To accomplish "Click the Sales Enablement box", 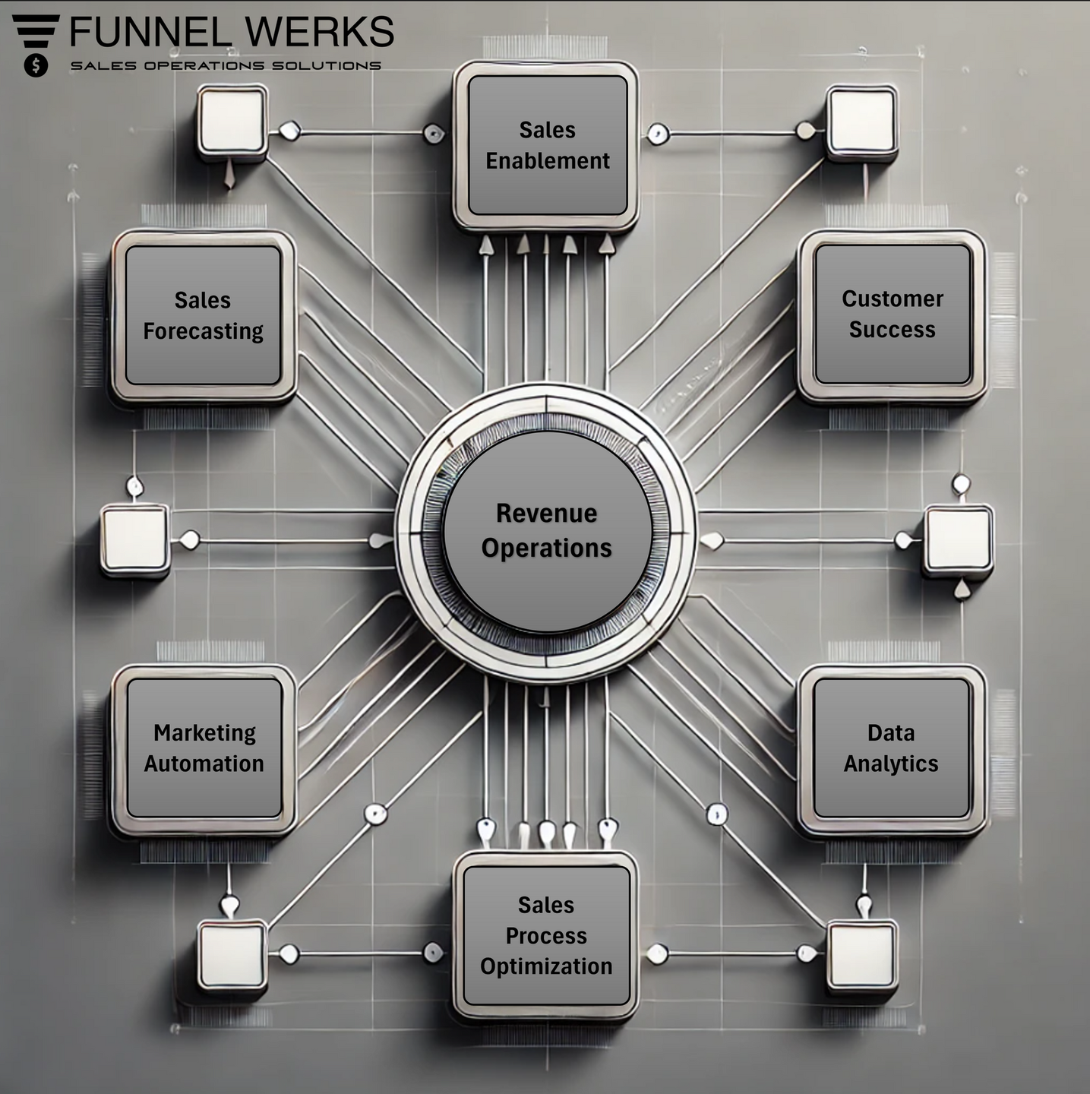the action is click(546, 146).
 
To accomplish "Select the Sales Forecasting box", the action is click(204, 316).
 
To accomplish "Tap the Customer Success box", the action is click(892, 315).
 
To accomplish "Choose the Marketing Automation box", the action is click(204, 749).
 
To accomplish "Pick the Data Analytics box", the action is click(891, 749).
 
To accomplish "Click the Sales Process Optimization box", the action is click(546, 935).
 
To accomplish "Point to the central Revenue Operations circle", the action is click(546, 531).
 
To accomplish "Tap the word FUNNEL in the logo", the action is click(150, 32).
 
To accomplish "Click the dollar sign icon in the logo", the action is click(36, 66).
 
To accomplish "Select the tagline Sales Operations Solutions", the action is click(226, 66).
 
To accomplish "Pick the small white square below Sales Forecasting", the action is click(135, 539).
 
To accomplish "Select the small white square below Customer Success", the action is click(959, 540).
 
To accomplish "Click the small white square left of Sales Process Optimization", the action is click(232, 955).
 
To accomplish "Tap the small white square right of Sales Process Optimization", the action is click(862, 955).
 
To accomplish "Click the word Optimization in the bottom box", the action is click(546, 967).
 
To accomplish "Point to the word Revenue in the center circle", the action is click(546, 514).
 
